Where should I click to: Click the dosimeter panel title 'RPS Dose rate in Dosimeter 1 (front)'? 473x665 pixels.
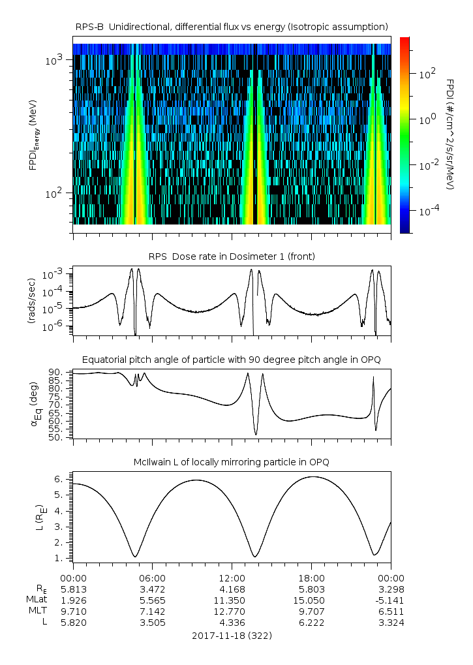(232, 256)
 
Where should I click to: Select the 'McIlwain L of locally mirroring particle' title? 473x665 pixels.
(232, 462)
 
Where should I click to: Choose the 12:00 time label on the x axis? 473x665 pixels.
(232, 578)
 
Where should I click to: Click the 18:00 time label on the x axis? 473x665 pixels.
(311, 578)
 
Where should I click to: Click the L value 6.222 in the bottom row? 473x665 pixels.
(311, 623)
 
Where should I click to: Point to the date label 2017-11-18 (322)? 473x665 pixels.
(232, 635)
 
